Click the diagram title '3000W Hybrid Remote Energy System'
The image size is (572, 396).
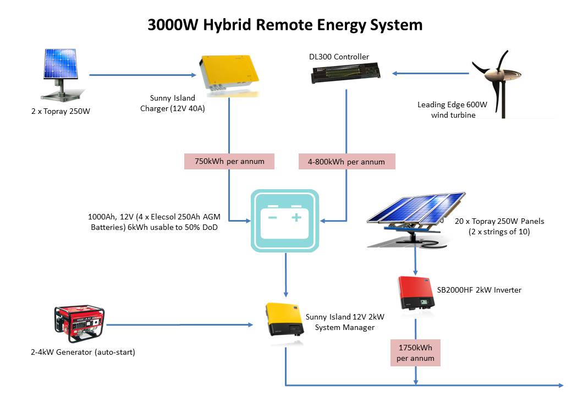click(285, 25)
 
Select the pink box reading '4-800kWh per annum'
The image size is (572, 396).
click(346, 162)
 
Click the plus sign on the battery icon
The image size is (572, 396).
click(297, 217)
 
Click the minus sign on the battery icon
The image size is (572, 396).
click(272, 217)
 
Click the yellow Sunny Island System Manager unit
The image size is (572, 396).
click(285, 320)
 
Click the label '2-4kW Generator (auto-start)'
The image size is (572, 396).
click(83, 352)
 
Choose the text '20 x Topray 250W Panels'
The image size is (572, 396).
click(499, 221)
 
